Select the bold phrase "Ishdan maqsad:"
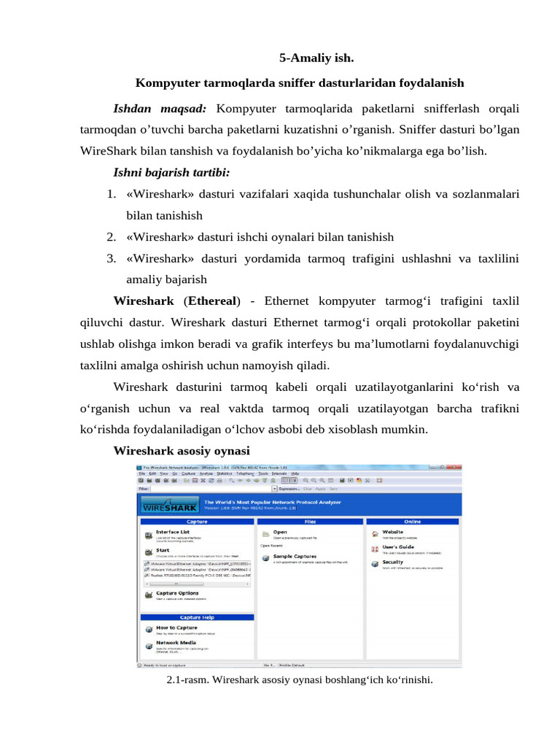coord(160,109)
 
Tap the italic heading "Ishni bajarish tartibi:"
coord(170,173)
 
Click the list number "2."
coord(112,236)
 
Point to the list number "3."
coord(112,258)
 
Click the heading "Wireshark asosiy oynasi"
coord(182,450)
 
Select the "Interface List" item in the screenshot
coord(173,532)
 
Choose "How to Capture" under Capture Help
coord(176,627)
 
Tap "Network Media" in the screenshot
coord(175,643)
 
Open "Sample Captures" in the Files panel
coord(295,555)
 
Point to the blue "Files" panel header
coord(309,522)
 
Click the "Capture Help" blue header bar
coord(197,617)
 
